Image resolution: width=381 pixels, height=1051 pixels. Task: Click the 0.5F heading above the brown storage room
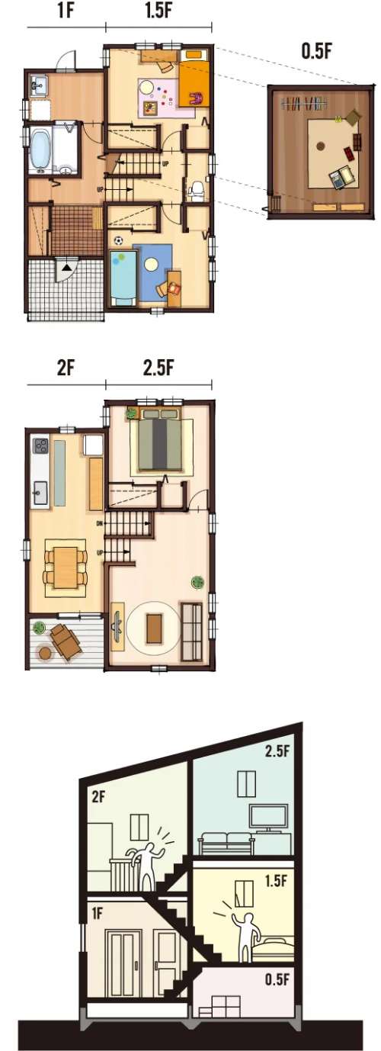[317, 52]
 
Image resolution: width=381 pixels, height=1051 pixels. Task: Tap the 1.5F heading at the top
[158, 11]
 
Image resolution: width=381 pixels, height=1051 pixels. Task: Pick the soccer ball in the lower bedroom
[119, 241]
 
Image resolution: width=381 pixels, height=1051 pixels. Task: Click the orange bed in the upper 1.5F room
[193, 79]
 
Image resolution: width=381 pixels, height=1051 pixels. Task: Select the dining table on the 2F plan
[66, 567]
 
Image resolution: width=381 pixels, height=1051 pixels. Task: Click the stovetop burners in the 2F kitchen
[40, 445]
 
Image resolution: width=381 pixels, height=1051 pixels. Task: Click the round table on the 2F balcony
[46, 653]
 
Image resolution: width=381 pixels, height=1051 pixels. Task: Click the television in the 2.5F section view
[269, 817]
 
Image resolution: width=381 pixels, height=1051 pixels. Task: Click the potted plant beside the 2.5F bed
[131, 413]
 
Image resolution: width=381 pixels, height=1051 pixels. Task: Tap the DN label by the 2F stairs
[99, 524]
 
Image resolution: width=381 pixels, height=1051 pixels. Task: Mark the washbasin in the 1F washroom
[38, 86]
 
